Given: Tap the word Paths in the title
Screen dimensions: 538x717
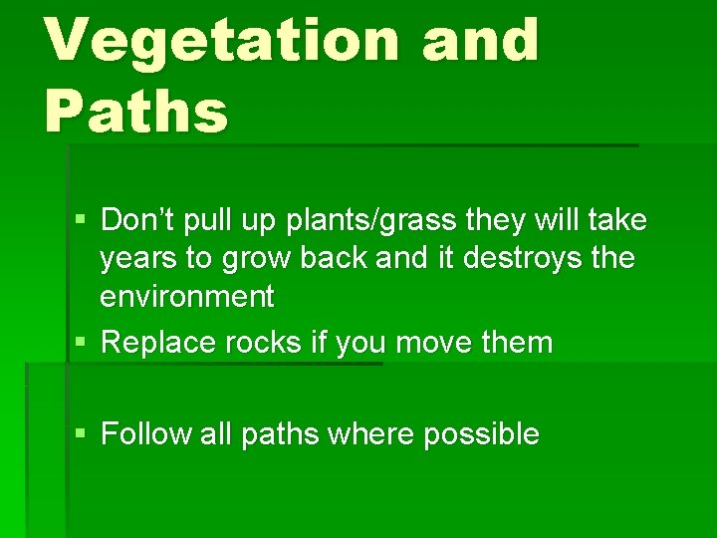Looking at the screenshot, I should [136, 111].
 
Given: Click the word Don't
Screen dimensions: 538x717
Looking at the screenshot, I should [137, 218].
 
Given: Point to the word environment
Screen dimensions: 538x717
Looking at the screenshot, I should [186, 296].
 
